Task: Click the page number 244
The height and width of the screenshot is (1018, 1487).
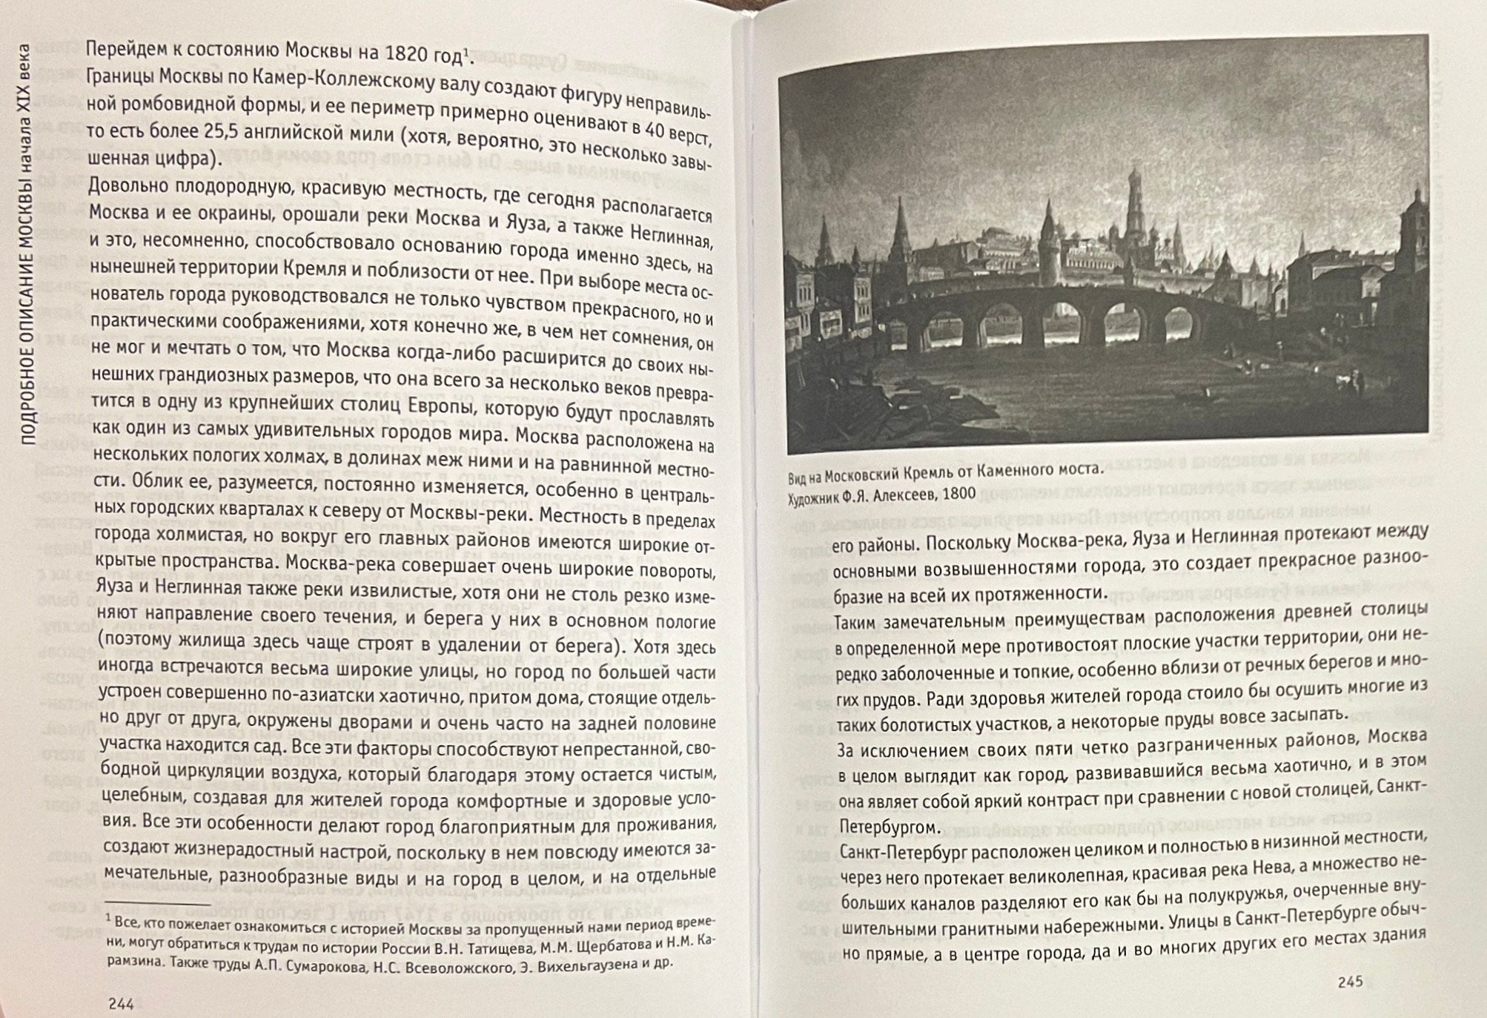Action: coord(121,1004)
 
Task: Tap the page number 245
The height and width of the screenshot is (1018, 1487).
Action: coord(1351,982)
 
